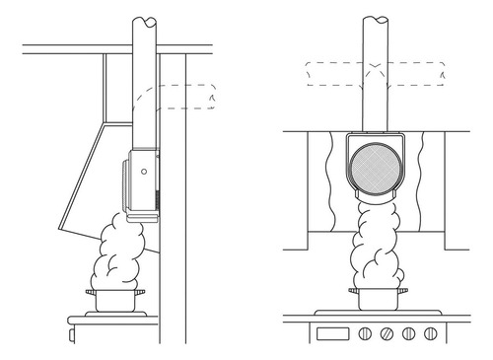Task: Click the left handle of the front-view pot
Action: (351, 293)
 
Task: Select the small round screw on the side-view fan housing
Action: (145, 171)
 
